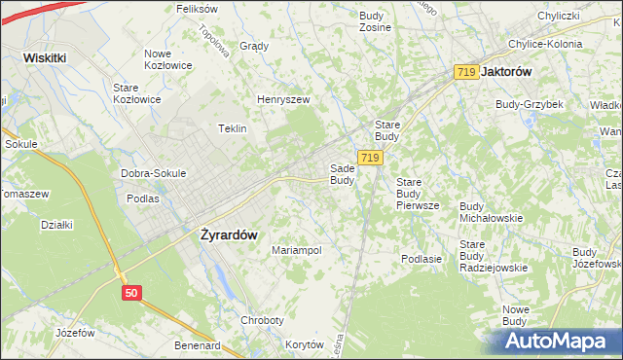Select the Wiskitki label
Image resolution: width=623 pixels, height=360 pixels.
45,57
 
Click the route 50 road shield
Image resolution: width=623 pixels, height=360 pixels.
132,291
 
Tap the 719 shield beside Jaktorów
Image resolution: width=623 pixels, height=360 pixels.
466,72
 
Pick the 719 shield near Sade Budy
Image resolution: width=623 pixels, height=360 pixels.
368,158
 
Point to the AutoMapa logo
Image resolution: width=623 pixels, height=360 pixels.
556,341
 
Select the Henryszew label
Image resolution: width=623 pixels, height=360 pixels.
282,99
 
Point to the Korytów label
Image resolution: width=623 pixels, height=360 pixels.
304,345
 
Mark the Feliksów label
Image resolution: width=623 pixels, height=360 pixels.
196,8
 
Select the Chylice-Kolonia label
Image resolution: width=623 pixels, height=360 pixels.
544,44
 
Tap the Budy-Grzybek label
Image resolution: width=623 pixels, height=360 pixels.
530,104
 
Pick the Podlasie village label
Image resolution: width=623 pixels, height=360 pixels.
421,259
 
